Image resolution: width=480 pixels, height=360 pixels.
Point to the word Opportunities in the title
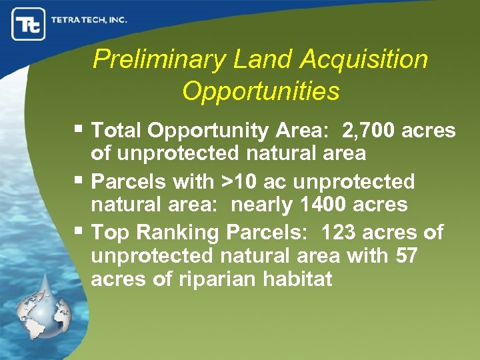click(x=261, y=91)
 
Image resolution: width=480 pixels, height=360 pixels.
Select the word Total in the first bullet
click(x=117, y=130)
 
